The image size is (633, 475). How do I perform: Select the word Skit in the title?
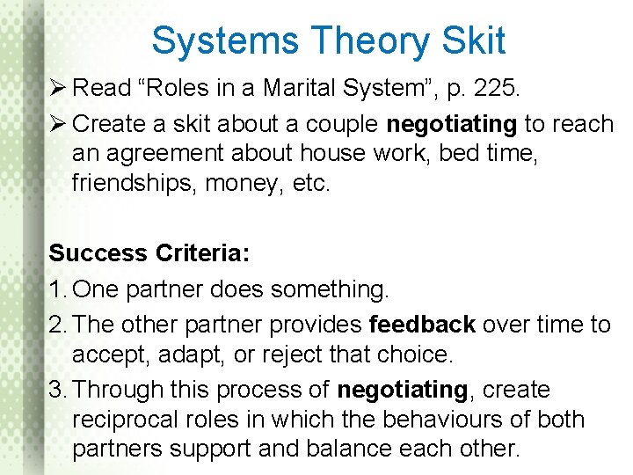tap(476, 40)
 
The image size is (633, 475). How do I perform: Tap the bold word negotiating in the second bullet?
tap(451, 124)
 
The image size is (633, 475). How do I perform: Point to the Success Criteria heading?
tap(149, 253)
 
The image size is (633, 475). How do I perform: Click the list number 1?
tap(55, 289)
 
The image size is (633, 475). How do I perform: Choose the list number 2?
tap(55, 325)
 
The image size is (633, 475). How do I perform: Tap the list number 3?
tap(55, 390)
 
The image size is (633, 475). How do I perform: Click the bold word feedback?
tap(423, 325)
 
